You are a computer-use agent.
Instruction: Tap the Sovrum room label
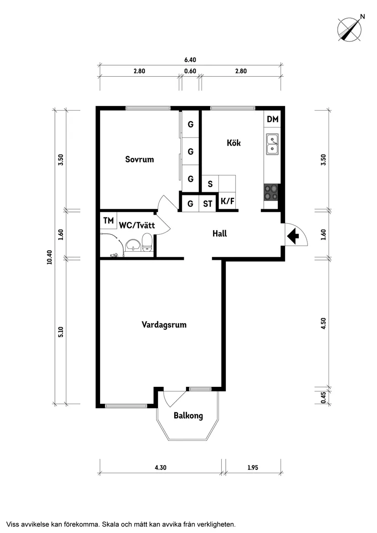click(139, 159)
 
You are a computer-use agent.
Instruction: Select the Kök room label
click(234, 143)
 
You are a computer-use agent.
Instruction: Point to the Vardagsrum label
click(164, 325)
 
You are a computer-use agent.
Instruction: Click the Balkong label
click(188, 416)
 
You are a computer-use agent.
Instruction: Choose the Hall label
click(219, 233)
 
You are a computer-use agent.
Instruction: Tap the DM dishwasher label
click(272, 120)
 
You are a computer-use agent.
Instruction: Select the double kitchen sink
click(272, 143)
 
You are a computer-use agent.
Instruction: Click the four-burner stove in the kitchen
click(271, 192)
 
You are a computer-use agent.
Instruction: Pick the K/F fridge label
click(227, 201)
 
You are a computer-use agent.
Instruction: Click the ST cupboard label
click(208, 204)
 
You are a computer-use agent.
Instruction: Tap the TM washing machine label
click(108, 221)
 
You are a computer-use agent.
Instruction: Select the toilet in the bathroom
click(147, 242)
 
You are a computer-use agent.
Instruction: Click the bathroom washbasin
click(133, 245)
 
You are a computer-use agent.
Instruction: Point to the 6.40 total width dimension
click(190, 60)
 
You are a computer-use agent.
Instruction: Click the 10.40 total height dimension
click(50, 257)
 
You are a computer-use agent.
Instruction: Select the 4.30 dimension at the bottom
click(160, 467)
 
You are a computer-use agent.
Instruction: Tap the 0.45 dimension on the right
click(324, 397)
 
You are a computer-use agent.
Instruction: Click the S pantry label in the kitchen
click(210, 185)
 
